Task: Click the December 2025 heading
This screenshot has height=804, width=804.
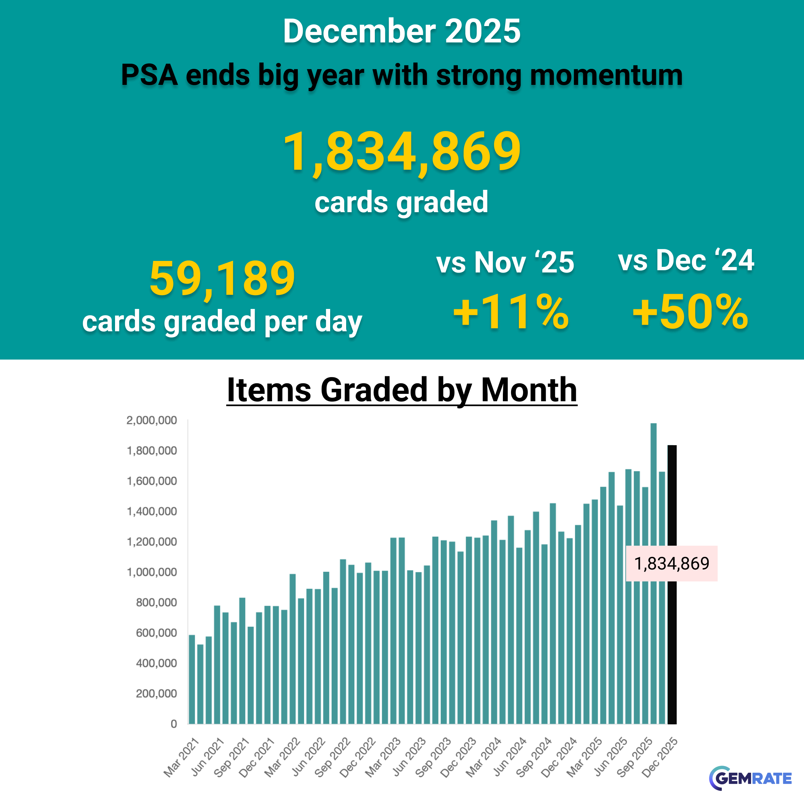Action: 402,31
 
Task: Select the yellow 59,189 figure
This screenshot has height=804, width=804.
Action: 222,278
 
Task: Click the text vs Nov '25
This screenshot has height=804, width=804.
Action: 505,262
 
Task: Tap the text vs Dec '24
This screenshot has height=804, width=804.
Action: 686,261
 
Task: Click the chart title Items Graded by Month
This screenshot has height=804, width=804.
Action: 402,390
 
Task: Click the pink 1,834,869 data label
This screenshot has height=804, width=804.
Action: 671,564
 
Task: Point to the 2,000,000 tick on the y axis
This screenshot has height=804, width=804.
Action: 152,420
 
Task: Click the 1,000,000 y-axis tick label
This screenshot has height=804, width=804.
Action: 152,572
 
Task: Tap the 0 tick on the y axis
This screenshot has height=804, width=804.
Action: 174,724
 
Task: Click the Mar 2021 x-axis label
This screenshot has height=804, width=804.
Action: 181,757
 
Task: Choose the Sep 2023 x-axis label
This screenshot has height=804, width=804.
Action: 434,757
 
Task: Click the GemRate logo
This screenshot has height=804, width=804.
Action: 750,778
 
